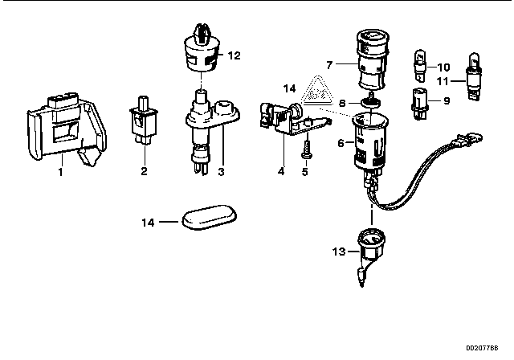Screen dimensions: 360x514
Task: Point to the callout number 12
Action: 234,55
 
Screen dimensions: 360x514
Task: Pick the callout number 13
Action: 339,252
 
